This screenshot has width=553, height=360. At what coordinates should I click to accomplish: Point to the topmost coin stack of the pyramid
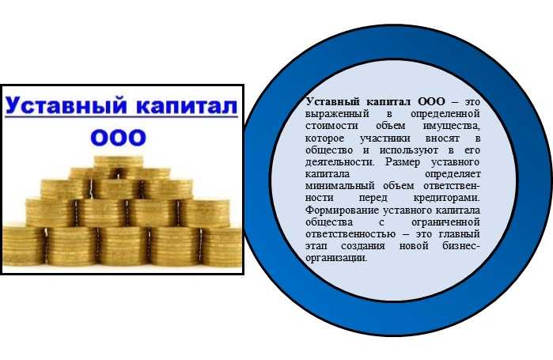(118, 162)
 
